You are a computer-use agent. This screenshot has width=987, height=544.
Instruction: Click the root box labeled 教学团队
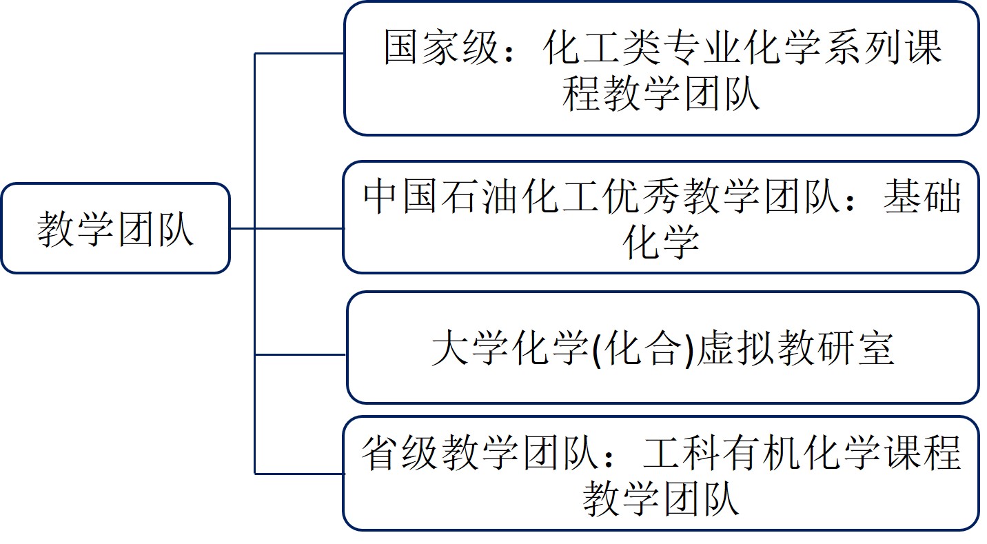[115, 228]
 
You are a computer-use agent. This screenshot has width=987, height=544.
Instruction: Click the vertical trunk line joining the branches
[255, 290]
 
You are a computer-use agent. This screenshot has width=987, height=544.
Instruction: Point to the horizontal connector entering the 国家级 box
[300, 53]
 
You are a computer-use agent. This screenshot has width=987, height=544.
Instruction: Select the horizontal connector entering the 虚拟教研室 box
[300, 355]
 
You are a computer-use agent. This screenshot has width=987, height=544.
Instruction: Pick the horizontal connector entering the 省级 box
[300, 474]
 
